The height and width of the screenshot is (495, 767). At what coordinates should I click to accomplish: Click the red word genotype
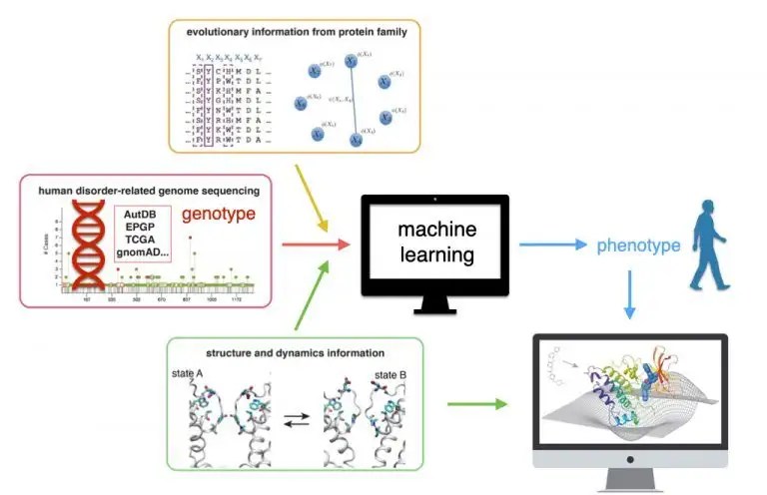[x=219, y=215]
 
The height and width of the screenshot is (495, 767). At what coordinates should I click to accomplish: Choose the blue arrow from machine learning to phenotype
[x=548, y=245]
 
